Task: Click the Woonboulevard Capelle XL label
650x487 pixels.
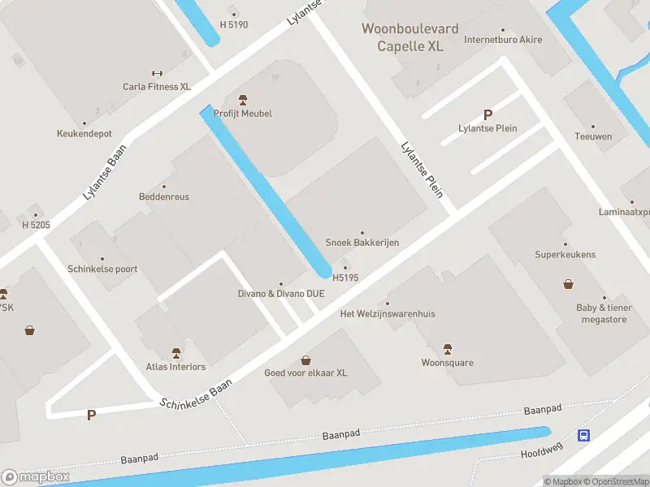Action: (x=409, y=37)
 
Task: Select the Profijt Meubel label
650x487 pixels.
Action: (x=242, y=113)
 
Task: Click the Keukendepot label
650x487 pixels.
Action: (x=84, y=133)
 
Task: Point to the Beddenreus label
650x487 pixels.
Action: (x=164, y=197)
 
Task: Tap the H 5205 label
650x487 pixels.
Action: (x=36, y=224)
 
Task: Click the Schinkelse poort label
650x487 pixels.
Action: (x=102, y=269)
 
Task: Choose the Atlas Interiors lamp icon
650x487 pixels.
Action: (x=176, y=352)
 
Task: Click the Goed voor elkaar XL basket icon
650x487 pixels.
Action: (x=305, y=360)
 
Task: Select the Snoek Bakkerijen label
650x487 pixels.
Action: (x=362, y=242)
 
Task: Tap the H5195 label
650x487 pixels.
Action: (x=345, y=278)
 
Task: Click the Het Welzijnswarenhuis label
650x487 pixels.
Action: (x=388, y=313)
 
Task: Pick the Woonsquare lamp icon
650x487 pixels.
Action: (x=447, y=348)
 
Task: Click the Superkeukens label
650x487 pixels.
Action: (x=565, y=254)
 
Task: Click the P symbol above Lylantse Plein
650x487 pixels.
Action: (x=487, y=115)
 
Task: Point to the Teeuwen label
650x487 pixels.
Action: (x=592, y=136)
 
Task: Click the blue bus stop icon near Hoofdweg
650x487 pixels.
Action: (x=583, y=436)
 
